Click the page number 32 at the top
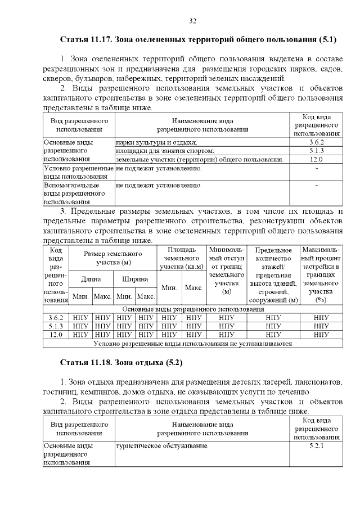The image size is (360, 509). tap(192, 21)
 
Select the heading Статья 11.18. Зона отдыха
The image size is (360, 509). tap(121, 361)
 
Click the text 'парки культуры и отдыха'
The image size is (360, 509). tap(156, 142)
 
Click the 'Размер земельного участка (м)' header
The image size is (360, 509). tap(113, 258)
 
